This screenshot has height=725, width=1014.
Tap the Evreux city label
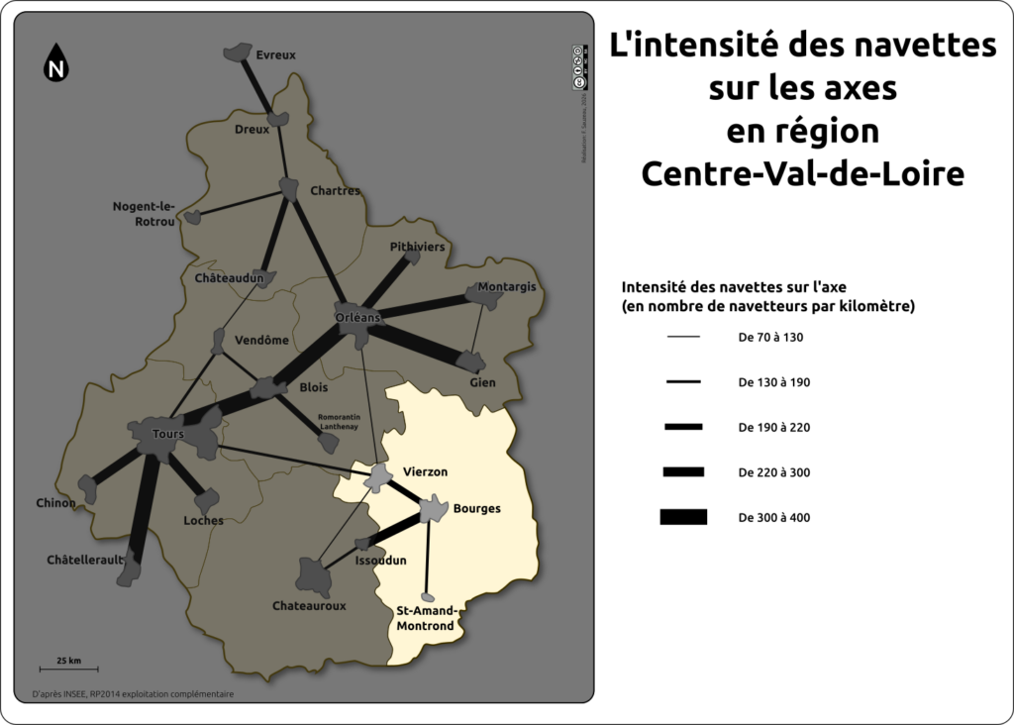point(275,55)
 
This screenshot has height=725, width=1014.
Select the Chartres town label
point(335,190)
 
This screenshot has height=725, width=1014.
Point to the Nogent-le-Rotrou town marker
point(193,217)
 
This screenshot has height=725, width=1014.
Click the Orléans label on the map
point(357,317)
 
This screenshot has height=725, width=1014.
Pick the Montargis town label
point(506,287)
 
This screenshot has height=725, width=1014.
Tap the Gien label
point(482,382)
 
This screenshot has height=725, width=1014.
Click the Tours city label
point(168,434)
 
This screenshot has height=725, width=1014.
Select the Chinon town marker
point(88,487)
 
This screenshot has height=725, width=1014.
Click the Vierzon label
point(426,470)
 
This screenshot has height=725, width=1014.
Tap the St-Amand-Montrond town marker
point(428,598)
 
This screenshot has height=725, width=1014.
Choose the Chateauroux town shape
point(313,575)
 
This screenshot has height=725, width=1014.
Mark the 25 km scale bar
point(68,671)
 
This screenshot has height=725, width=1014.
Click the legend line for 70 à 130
point(683,338)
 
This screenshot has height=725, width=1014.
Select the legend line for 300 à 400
point(683,516)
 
